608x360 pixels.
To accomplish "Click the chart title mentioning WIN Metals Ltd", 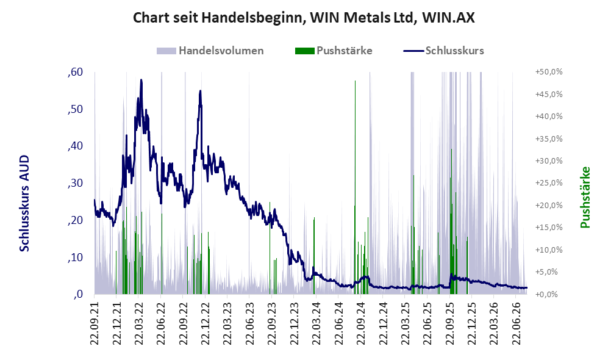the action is [x=304, y=18].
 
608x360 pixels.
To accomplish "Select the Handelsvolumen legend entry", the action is [x=210, y=51].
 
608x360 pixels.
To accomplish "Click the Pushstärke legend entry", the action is [x=334, y=51].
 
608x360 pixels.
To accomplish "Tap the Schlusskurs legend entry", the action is [x=443, y=51].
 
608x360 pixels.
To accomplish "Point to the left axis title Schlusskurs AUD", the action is [x=24, y=203].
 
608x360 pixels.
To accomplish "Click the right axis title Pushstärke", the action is [x=585, y=197].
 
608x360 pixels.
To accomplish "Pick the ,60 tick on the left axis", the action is [x=75, y=72].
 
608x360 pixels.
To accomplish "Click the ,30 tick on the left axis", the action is [x=75, y=183].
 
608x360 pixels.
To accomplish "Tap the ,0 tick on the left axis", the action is [x=77, y=294].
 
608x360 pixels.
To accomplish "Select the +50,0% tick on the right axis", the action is [x=549, y=72].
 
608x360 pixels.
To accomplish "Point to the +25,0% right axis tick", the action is [x=549, y=182].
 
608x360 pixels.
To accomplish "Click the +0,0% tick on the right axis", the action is [x=546, y=295].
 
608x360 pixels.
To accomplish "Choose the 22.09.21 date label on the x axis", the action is [x=95, y=320].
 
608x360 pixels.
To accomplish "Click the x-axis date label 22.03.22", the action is [x=139, y=320].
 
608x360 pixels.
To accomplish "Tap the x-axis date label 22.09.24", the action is [x=360, y=320].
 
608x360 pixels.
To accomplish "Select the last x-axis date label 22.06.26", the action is [x=516, y=320].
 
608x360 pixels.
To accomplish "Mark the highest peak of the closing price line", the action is [x=141, y=80].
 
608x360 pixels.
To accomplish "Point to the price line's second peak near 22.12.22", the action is [x=200, y=91].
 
